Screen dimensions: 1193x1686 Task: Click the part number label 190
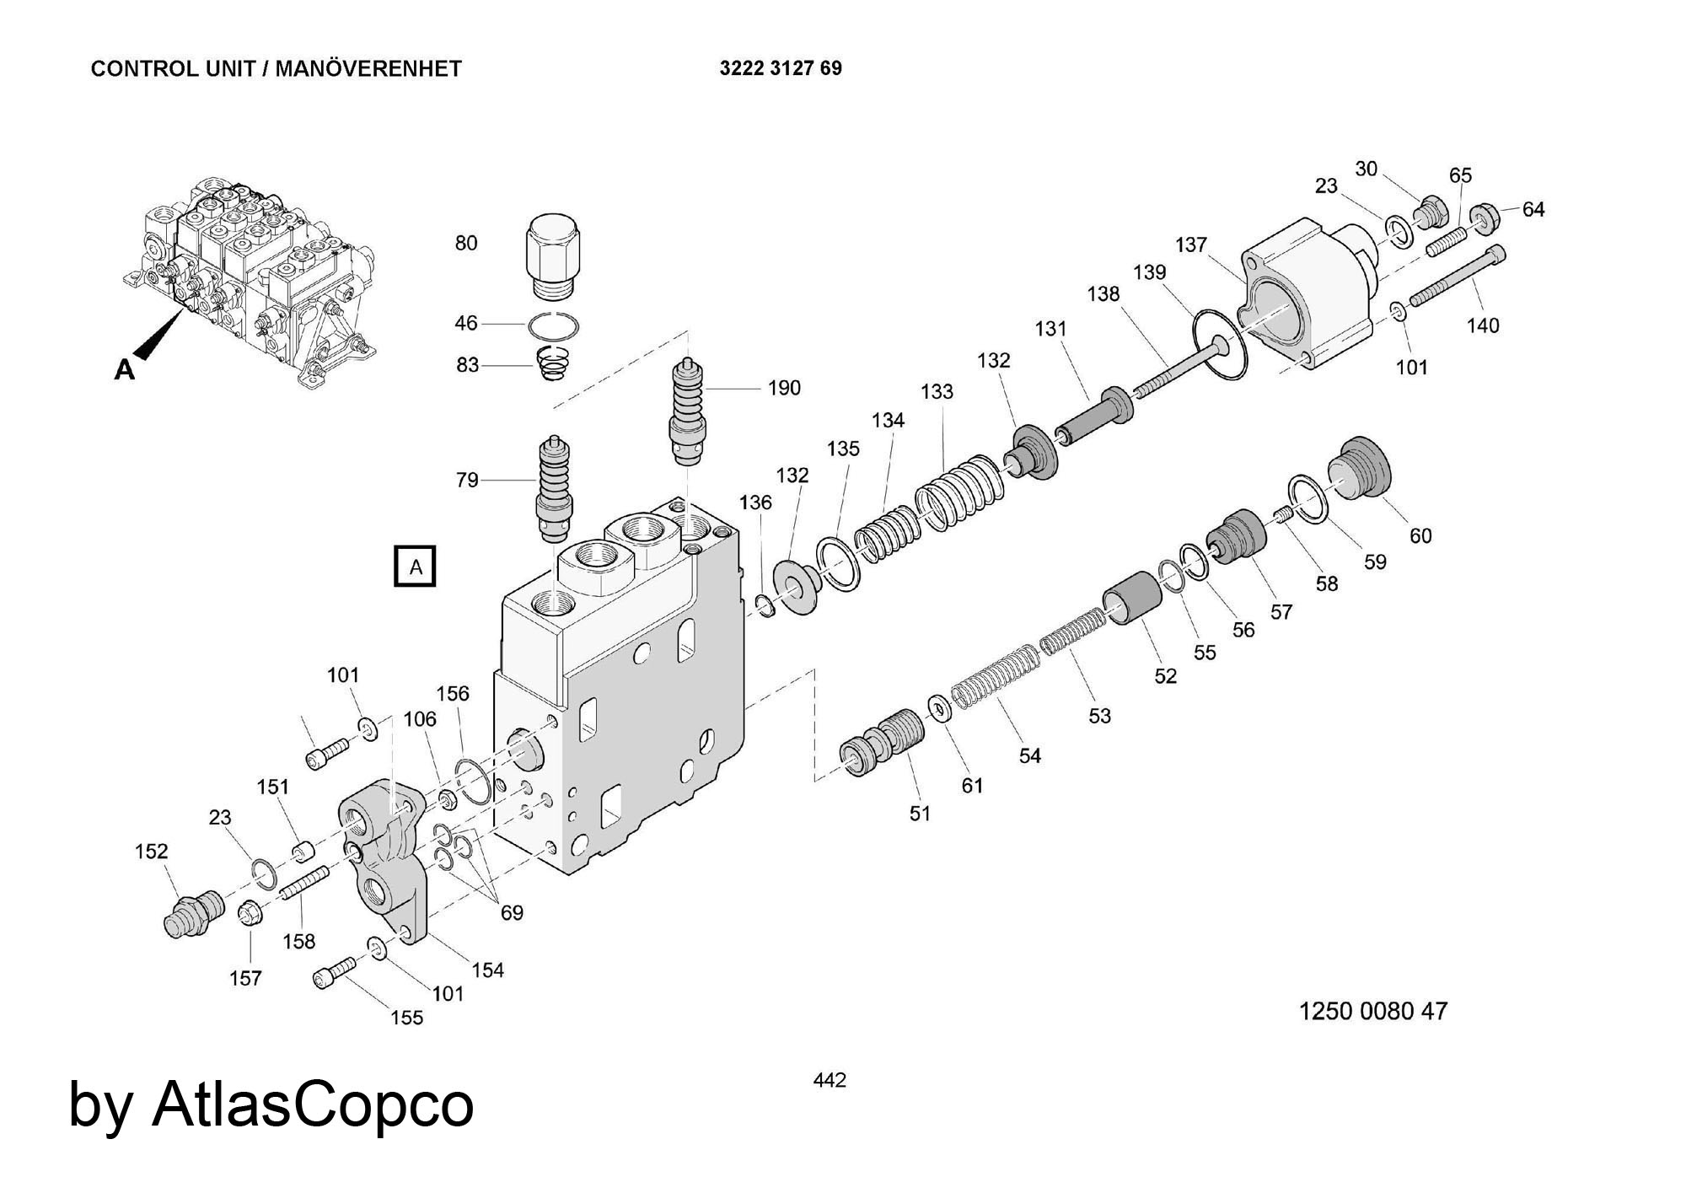783,388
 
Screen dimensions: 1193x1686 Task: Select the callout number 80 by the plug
466,243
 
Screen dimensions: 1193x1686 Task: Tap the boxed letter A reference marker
415,567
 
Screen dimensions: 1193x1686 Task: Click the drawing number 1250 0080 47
1372,1011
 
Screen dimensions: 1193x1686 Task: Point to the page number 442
830,1080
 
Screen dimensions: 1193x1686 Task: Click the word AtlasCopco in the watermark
313,1104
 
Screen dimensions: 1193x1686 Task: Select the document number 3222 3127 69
781,68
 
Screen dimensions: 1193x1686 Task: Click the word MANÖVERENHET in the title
368,69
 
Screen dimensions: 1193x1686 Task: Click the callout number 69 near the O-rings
512,912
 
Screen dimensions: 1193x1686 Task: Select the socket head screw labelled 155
333,972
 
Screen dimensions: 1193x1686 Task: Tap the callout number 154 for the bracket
487,970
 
